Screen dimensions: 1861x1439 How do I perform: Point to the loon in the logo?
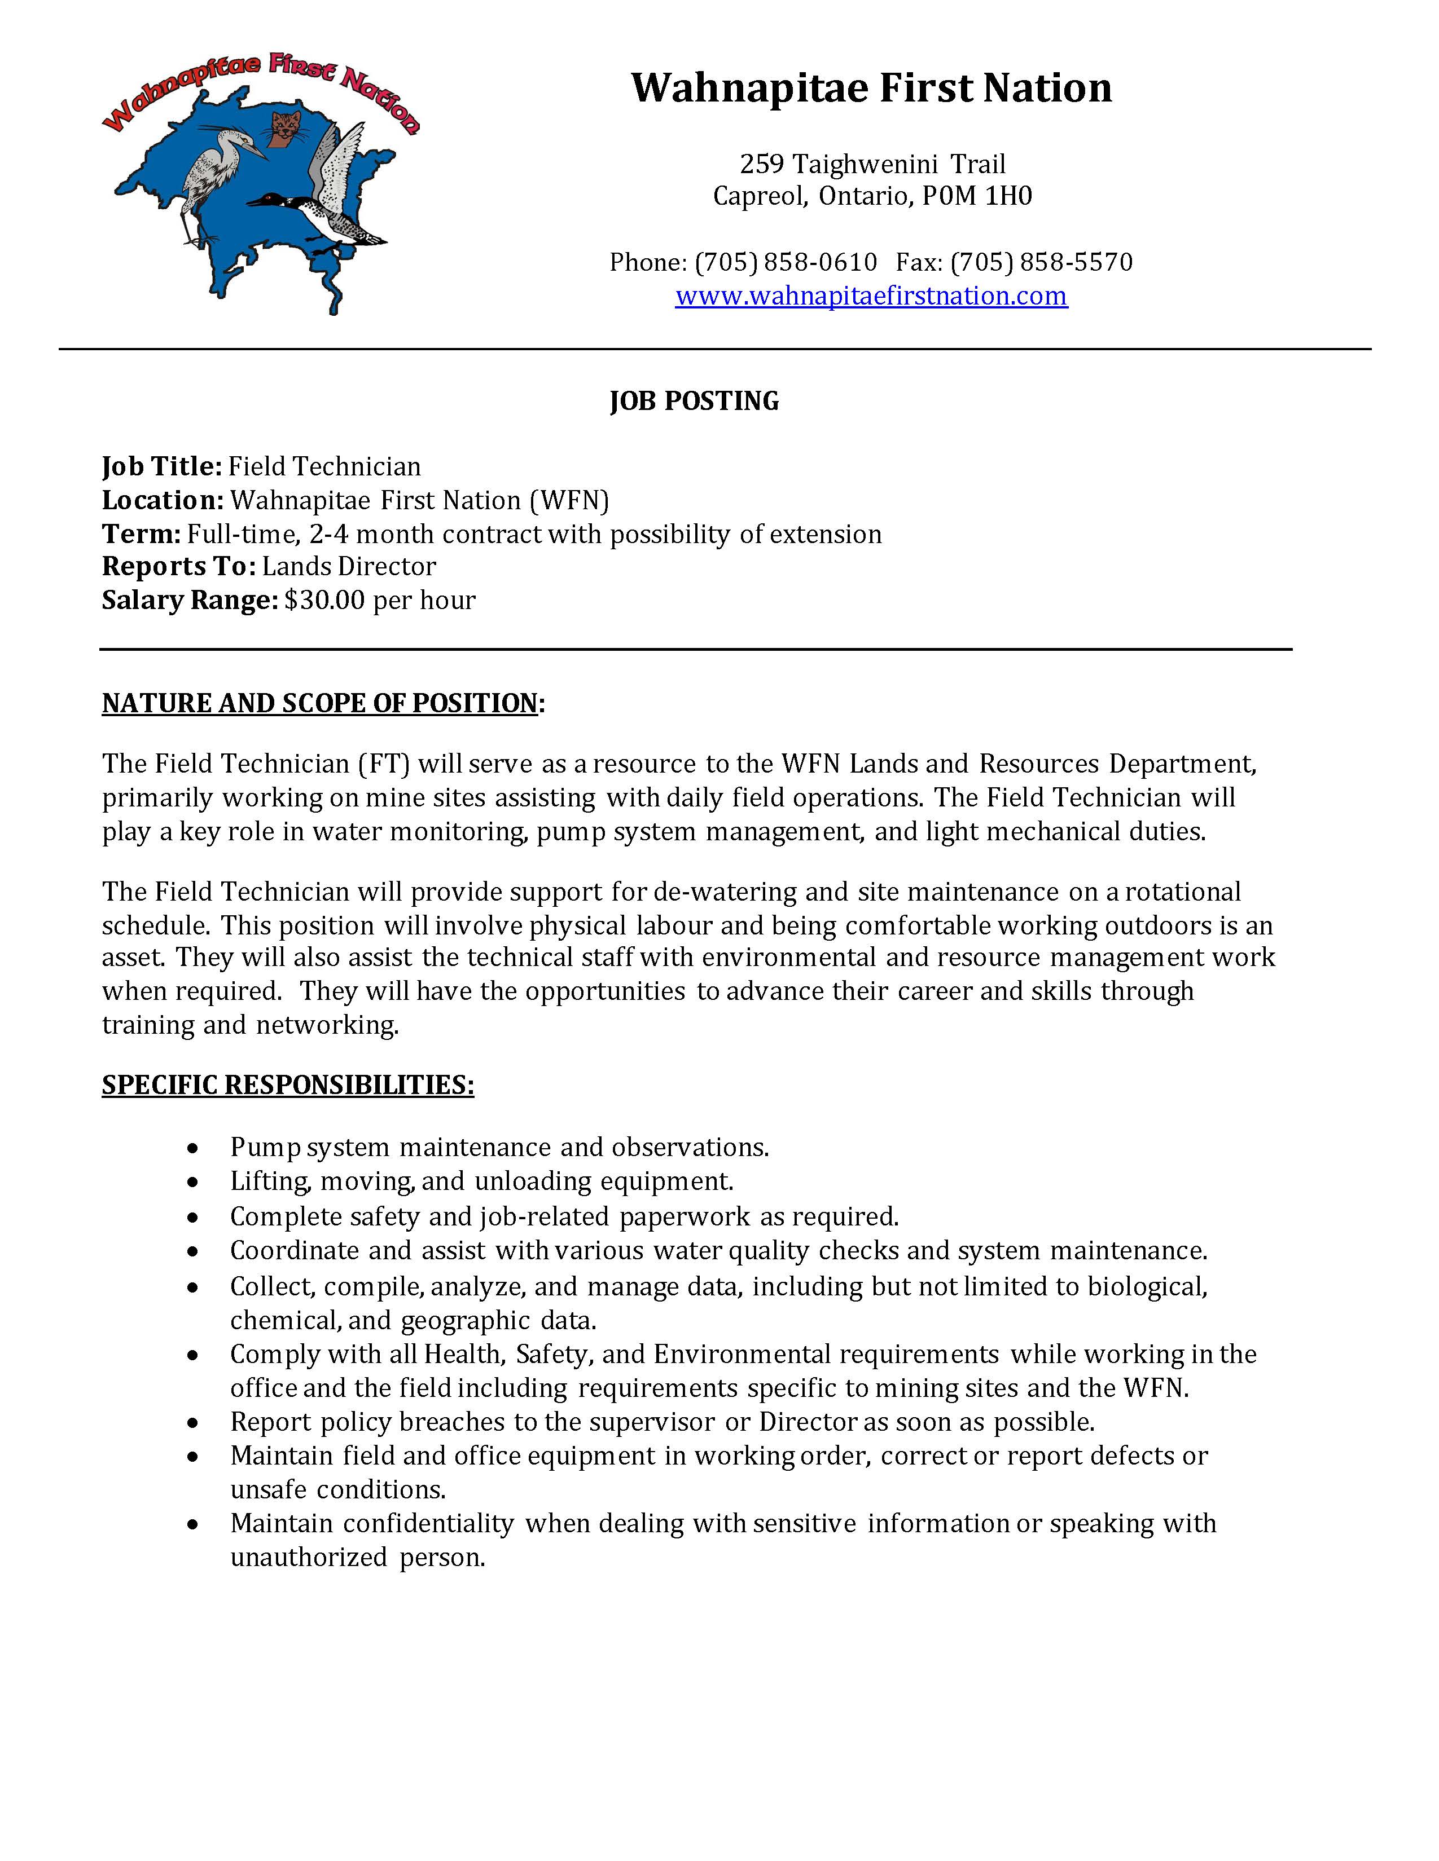pyautogui.click(x=324, y=213)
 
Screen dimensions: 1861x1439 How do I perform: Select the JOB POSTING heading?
pyautogui.click(x=694, y=400)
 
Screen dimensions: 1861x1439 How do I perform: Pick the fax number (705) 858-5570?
pyautogui.click(x=1041, y=262)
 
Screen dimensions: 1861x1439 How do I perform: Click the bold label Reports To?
pyautogui.click(x=178, y=567)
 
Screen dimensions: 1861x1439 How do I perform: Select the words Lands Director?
pyautogui.click(x=349, y=567)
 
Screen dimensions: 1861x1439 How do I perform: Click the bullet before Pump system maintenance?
pyautogui.click(x=194, y=1149)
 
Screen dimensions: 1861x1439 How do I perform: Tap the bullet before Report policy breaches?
pyautogui.click(x=194, y=1423)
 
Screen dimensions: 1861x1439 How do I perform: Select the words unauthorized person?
pyautogui.click(x=357, y=1558)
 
